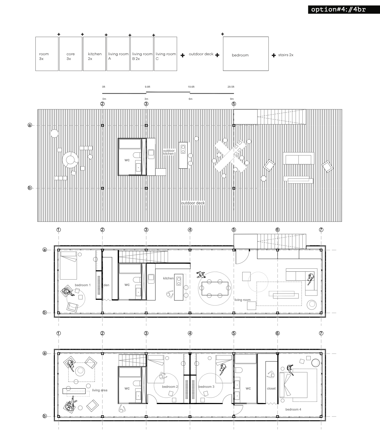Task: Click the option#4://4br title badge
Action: coord(344,9)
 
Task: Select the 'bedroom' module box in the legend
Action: coord(246,54)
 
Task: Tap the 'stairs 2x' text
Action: coord(286,55)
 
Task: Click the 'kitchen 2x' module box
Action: coord(94,54)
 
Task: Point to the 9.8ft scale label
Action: coord(148,87)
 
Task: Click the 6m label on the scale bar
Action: coord(191,99)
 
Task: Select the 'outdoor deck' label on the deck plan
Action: coord(193,203)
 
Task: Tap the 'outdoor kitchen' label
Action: coord(168,152)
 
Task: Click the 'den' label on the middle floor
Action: coord(106,285)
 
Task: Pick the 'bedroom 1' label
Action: coord(83,285)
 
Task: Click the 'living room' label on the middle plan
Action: coord(243,300)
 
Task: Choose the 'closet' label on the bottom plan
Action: coord(271,388)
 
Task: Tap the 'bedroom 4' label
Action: coord(293,409)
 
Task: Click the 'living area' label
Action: coord(100,390)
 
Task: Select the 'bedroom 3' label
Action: coord(206,387)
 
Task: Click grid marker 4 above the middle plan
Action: coord(190,230)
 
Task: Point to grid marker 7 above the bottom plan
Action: coord(321,333)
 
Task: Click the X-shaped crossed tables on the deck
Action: coord(230,156)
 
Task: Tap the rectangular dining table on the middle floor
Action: coord(215,289)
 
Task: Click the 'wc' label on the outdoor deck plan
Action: coord(127,160)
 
